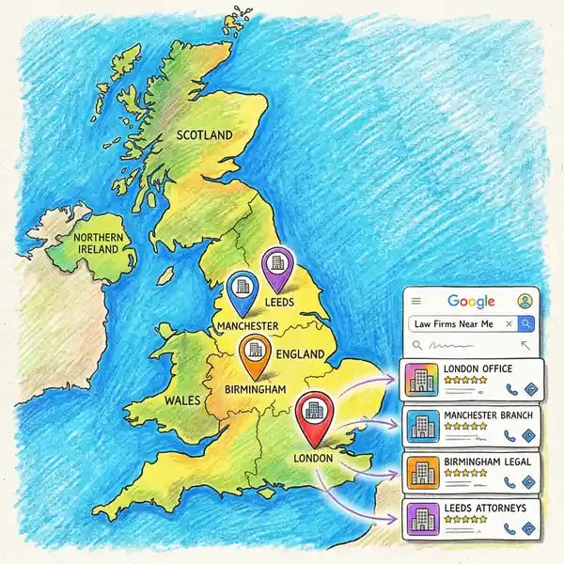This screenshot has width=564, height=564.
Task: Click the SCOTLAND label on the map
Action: click(204, 135)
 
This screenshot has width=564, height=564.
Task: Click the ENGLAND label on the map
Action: click(302, 354)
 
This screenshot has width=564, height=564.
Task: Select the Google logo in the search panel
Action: click(471, 301)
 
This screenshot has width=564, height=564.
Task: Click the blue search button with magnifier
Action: click(526, 323)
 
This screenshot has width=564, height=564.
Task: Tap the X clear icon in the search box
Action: click(509, 323)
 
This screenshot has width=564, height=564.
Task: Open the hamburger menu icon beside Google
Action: click(415, 301)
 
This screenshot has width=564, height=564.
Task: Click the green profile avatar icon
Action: click(525, 301)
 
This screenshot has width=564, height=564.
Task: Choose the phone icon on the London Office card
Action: click(511, 387)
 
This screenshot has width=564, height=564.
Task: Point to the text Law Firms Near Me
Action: click(453, 323)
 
